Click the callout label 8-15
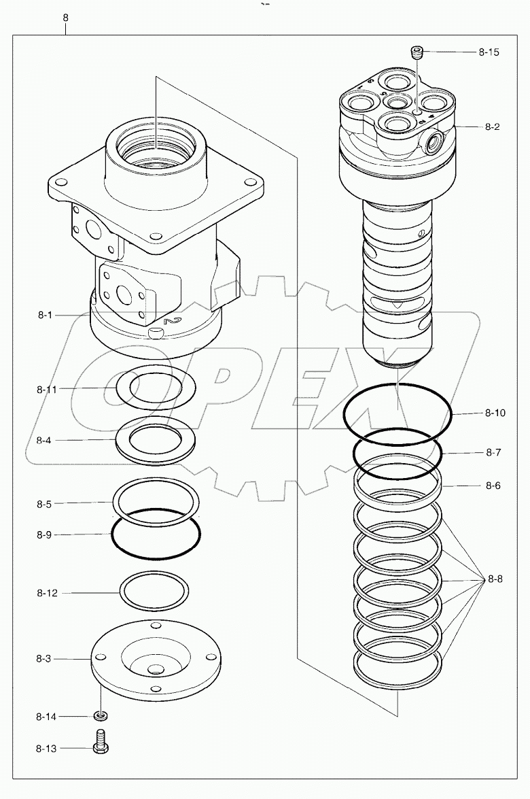[489, 52]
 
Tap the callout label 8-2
[493, 127]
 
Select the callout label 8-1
[45, 316]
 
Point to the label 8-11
[47, 390]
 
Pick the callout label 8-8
[494, 580]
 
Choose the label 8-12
[47, 593]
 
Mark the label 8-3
[45, 659]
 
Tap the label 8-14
[47, 717]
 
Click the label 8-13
[47, 748]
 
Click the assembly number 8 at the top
[65, 18]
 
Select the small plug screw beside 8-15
[417, 51]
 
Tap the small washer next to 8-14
[100, 716]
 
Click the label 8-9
[44, 535]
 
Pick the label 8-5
[44, 504]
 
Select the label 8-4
[44, 441]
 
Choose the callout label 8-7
[493, 452]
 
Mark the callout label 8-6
[493, 486]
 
